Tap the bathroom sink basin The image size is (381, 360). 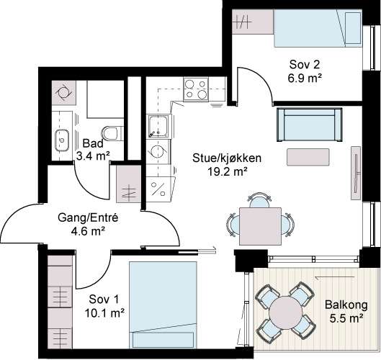[x=62, y=140]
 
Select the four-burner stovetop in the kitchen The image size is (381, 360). [x=196, y=89]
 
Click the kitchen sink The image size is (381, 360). [x=158, y=126]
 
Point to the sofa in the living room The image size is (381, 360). [x=310, y=125]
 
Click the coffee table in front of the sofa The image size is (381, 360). [x=308, y=157]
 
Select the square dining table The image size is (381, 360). [x=260, y=226]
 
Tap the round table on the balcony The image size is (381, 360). [x=285, y=312]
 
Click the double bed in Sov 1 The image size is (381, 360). [x=163, y=305]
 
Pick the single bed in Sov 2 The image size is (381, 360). [x=318, y=28]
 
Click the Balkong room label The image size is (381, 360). [x=346, y=305]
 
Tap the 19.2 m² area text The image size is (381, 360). [x=228, y=172]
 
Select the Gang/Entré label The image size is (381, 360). [x=88, y=217]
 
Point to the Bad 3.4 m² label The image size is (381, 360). [x=93, y=150]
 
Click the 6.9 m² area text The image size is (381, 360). [x=305, y=78]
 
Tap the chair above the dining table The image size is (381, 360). [x=260, y=199]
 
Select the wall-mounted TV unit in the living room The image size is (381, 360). [x=356, y=173]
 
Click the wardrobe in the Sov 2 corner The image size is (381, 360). [x=253, y=22]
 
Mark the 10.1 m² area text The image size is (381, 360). [x=104, y=313]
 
